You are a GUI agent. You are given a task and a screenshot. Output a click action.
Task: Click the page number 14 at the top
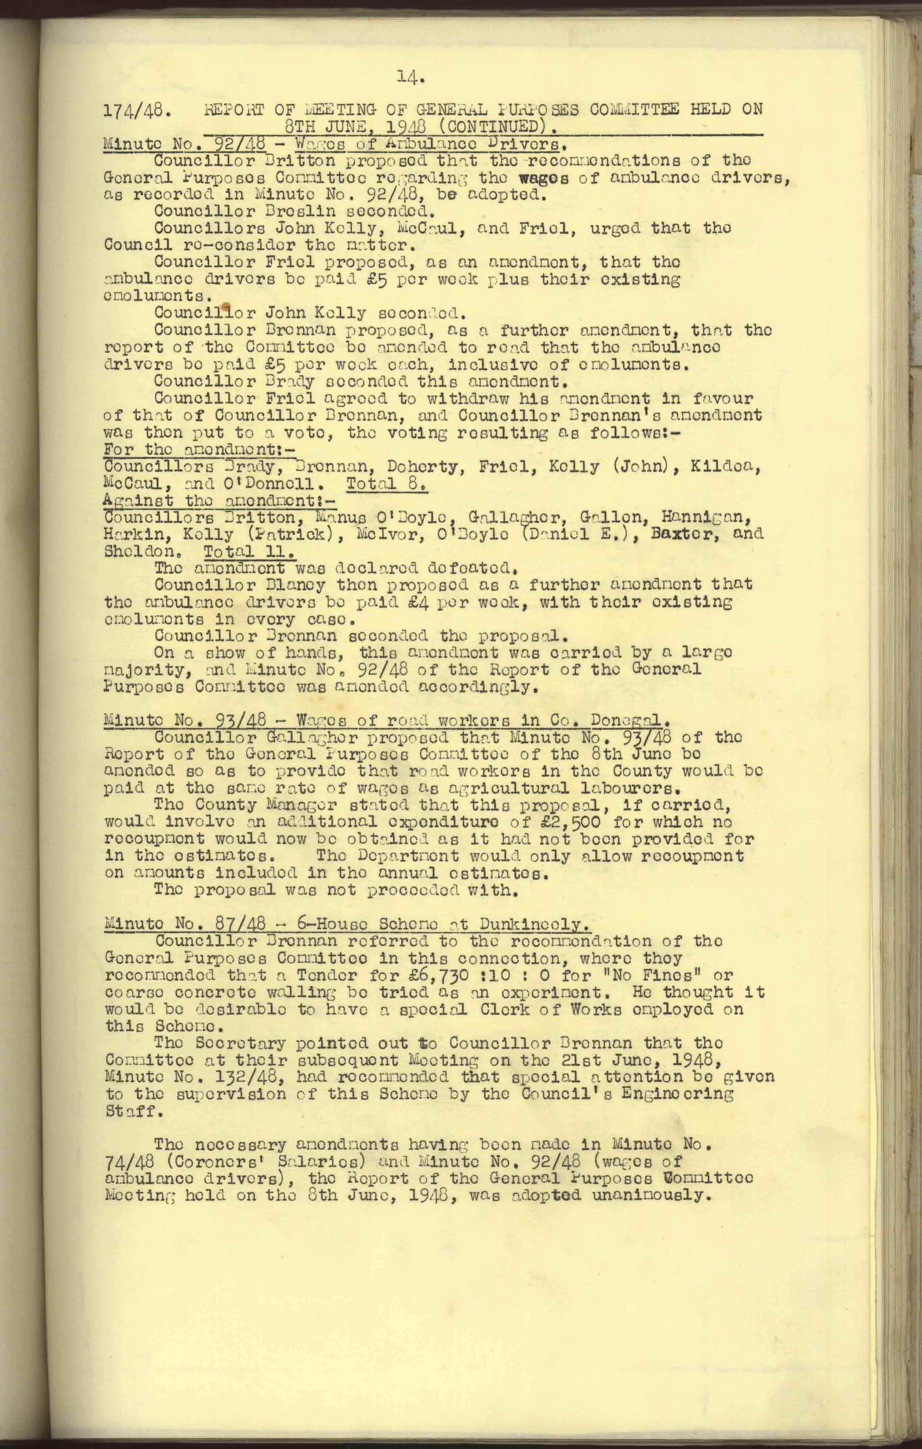pos(411,77)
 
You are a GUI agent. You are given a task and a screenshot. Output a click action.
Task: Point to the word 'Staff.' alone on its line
pos(134,1110)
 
